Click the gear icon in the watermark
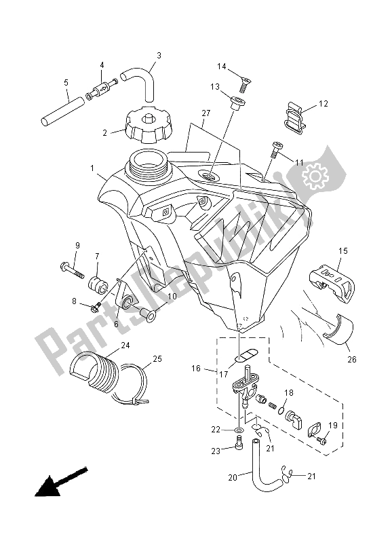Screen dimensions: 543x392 tap(314, 177)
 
